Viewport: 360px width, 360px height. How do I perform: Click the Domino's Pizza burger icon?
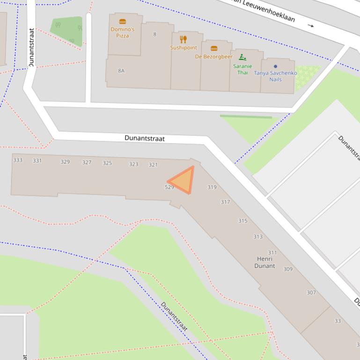click(123, 22)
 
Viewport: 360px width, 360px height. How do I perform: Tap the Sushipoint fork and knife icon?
click(184, 39)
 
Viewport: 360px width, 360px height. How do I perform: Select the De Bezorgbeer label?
click(213, 57)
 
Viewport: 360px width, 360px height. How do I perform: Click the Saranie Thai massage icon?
click(242, 57)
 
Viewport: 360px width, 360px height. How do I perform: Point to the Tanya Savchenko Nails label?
click(275, 76)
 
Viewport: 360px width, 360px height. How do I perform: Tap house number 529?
click(169, 187)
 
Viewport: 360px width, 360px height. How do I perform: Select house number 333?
click(18, 160)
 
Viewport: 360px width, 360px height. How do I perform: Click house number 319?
click(212, 187)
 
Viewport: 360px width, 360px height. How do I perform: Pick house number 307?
click(311, 292)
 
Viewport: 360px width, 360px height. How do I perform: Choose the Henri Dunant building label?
click(264, 262)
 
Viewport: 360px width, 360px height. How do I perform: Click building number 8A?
click(121, 71)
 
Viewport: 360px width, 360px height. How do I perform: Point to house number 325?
click(107, 163)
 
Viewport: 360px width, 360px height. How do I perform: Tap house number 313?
click(258, 237)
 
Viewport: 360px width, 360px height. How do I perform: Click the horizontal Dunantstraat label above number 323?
click(145, 138)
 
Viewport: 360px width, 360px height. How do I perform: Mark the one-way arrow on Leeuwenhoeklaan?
click(311, 25)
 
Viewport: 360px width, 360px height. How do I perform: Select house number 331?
click(37, 161)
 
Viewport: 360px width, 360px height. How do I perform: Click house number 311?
click(272, 252)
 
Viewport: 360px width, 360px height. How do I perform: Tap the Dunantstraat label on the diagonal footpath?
click(174, 317)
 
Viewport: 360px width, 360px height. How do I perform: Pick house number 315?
click(242, 221)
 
